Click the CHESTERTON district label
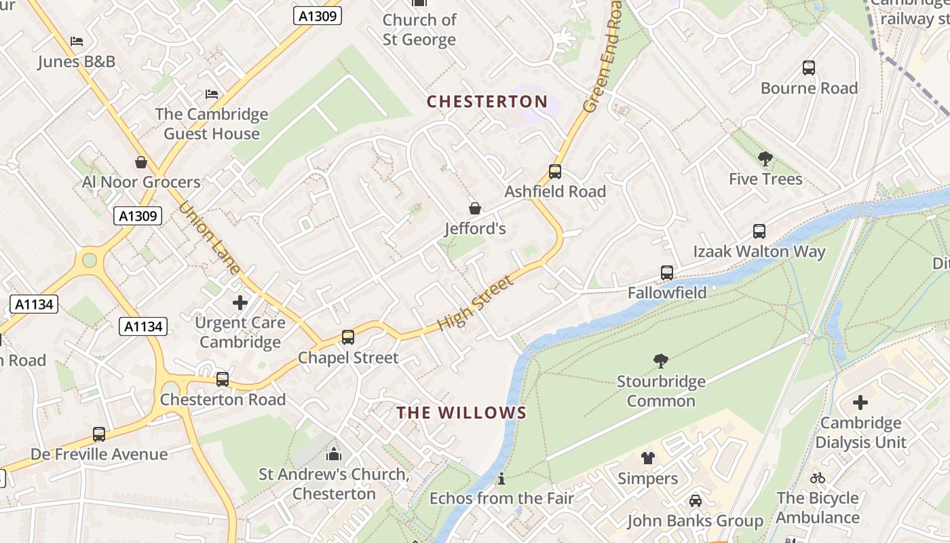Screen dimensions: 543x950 click(487, 102)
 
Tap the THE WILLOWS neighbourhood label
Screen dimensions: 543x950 click(461, 413)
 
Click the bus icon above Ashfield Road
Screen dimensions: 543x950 click(554, 172)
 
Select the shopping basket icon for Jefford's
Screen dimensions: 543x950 click(475, 208)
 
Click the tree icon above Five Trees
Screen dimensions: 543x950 click(765, 159)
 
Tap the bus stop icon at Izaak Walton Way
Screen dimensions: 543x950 click(759, 231)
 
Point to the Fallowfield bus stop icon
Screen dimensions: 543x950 click(667, 273)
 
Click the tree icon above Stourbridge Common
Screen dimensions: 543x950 click(660, 361)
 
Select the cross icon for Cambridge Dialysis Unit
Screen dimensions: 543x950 click(860, 402)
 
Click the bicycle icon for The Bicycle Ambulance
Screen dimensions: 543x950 click(818, 478)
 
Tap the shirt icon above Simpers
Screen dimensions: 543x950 click(647, 458)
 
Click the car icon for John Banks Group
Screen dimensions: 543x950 click(695, 501)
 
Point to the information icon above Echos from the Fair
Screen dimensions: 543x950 click(501, 479)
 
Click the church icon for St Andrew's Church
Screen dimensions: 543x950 click(334, 454)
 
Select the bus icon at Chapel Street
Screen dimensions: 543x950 click(347, 337)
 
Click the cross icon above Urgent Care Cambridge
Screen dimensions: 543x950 click(240, 303)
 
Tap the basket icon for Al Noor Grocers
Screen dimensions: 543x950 click(141, 162)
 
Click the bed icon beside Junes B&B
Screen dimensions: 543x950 click(77, 41)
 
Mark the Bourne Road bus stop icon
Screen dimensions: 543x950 click(808, 68)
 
